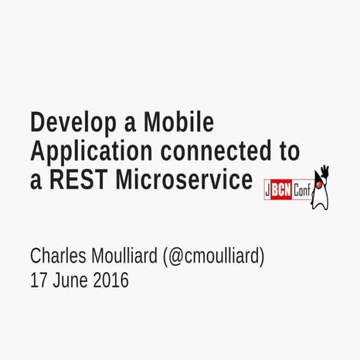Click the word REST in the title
79,179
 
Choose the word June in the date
71,280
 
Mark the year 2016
110,280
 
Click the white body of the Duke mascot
320,198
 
